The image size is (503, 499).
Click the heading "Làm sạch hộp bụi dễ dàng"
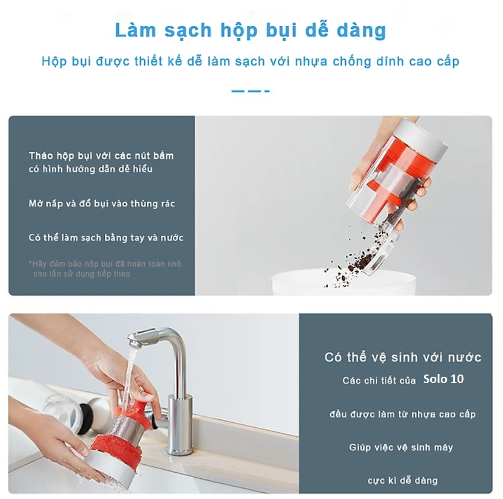pyautogui.click(x=251, y=31)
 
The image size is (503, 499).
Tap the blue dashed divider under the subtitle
pyautogui.click(x=251, y=91)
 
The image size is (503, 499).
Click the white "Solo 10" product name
pyautogui.click(x=444, y=379)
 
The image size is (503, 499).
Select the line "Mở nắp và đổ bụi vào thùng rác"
pyautogui.click(x=101, y=204)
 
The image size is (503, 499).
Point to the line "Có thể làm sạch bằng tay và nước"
pyautogui.click(x=106, y=238)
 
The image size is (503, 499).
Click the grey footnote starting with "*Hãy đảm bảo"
pyautogui.click(x=105, y=269)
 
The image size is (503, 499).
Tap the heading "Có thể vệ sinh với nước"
pyautogui.click(x=403, y=357)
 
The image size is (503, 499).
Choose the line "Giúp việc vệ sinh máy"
pyautogui.click(x=401, y=447)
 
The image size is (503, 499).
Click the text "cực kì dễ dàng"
pyautogui.click(x=403, y=480)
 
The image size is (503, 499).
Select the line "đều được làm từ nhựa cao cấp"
pyautogui.click(x=403, y=414)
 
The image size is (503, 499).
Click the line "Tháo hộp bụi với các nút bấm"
pyautogui.click(x=101, y=156)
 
